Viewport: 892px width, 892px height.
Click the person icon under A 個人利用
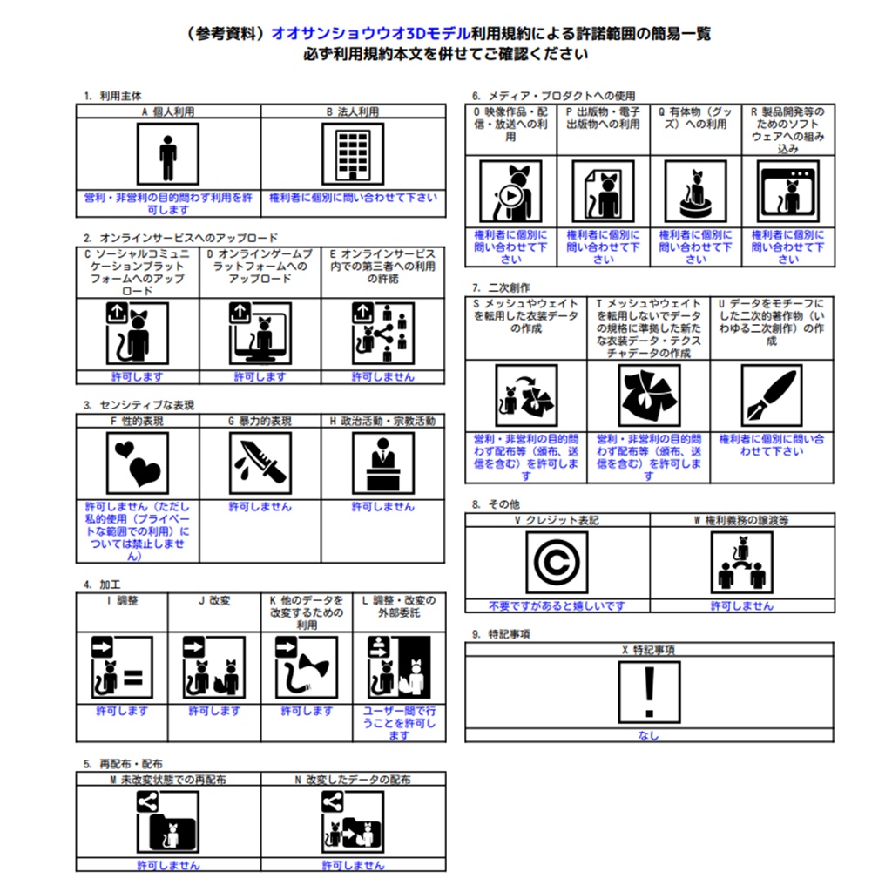pyautogui.click(x=168, y=154)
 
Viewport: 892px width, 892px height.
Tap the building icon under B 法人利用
pyautogui.click(x=353, y=154)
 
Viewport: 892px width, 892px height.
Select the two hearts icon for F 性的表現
pyautogui.click(x=138, y=463)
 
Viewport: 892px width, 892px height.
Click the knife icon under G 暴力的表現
pyautogui.click(x=260, y=463)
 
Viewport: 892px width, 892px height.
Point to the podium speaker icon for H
pyautogui.click(x=383, y=463)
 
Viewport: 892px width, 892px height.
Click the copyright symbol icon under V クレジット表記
pyautogui.click(x=557, y=563)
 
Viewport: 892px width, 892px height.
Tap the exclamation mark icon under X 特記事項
pyautogui.click(x=649, y=693)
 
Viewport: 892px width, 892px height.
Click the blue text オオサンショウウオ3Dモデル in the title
pyautogui.click(x=371, y=34)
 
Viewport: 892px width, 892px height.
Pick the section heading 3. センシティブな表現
pyautogui.click(x=139, y=405)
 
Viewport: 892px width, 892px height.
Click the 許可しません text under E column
pyautogui.click(x=383, y=376)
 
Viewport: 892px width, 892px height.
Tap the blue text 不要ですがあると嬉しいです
pyautogui.click(x=557, y=606)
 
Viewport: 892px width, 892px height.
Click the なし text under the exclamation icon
pyautogui.click(x=649, y=735)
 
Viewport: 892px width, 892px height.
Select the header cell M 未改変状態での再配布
pyautogui.click(x=168, y=780)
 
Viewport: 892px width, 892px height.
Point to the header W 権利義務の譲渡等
pyautogui.click(x=742, y=520)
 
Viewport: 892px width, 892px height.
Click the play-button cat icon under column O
pyautogui.click(x=510, y=192)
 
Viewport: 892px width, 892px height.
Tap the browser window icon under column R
pyautogui.click(x=788, y=192)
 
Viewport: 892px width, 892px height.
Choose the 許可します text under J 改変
pyautogui.click(x=214, y=711)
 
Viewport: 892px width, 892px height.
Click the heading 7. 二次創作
pyautogui.click(x=501, y=287)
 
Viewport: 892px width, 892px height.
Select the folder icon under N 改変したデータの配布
pyautogui.click(x=353, y=822)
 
